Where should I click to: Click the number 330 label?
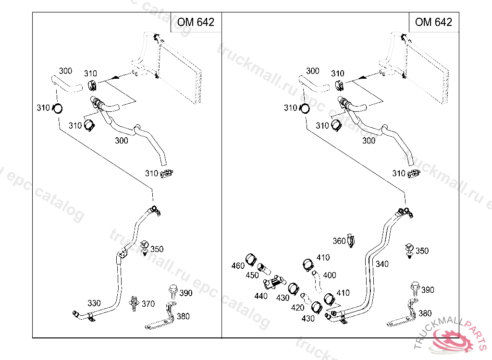point(94,303)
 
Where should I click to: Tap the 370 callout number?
point(148,304)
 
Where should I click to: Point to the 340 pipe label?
point(382,264)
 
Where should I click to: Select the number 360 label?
point(339,241)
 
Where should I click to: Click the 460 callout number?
point(238,266)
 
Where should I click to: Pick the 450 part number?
point(252,276)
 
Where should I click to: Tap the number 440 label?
point(261,296)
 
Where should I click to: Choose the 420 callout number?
point(298,308)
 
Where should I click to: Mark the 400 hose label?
point(330,276)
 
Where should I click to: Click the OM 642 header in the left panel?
point(196,22)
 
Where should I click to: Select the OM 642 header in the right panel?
point(433,22)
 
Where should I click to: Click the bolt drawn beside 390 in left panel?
point(172,291)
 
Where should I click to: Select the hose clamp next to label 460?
point(250,260)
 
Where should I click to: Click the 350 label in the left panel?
point(157,249)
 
